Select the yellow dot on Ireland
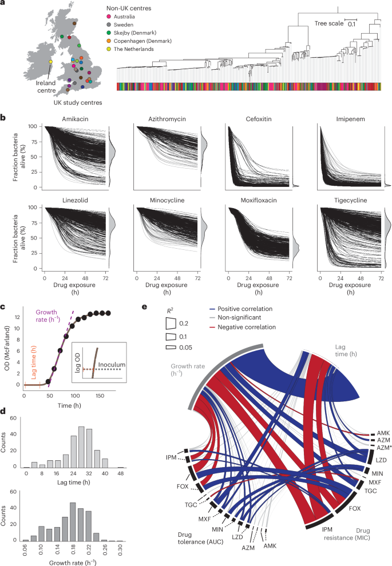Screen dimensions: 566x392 click(51, 61)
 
